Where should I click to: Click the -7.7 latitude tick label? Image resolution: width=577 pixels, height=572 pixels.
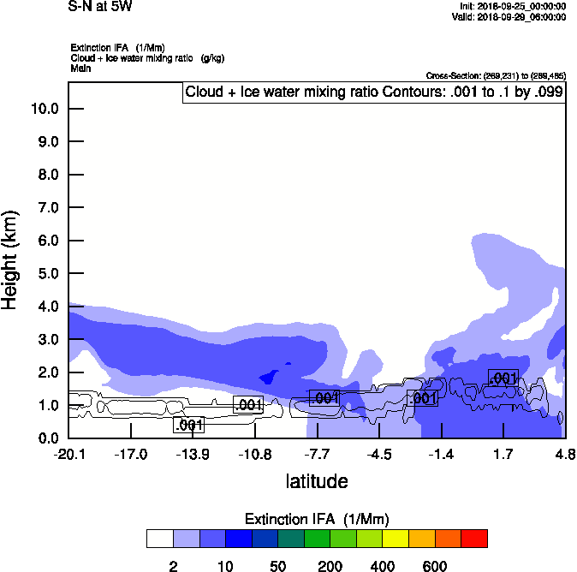[317, 454]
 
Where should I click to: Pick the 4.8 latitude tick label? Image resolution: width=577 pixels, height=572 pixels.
[564, 454]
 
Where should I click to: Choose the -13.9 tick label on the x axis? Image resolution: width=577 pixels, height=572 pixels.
[193, 454]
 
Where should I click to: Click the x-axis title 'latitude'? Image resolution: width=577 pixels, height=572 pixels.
[317, 481]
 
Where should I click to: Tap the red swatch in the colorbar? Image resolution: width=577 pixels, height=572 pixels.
[474, 538]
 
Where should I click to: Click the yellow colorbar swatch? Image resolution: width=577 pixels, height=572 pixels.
[396, 538]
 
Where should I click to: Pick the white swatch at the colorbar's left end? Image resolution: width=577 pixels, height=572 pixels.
[159, 538]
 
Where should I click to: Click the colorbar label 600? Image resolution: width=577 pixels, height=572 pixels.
[435, 566]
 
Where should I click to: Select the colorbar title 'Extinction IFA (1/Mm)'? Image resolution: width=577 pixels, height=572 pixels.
[317, 519]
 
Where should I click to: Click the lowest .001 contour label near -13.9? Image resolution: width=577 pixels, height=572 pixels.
[188, 425]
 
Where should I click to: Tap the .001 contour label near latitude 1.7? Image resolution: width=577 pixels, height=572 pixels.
[503, 378]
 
